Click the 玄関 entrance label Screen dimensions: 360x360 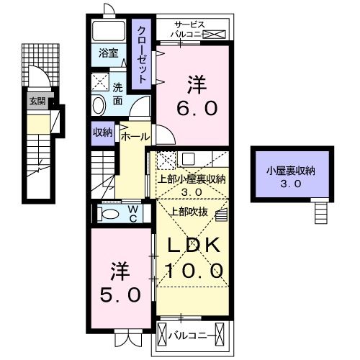[37, 102]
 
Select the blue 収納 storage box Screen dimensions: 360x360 [102, 132]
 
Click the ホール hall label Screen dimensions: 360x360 [135, 136]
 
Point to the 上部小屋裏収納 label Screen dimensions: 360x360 [191, 180]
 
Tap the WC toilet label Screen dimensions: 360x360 [134, 213]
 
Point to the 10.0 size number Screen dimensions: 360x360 [195, 271]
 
